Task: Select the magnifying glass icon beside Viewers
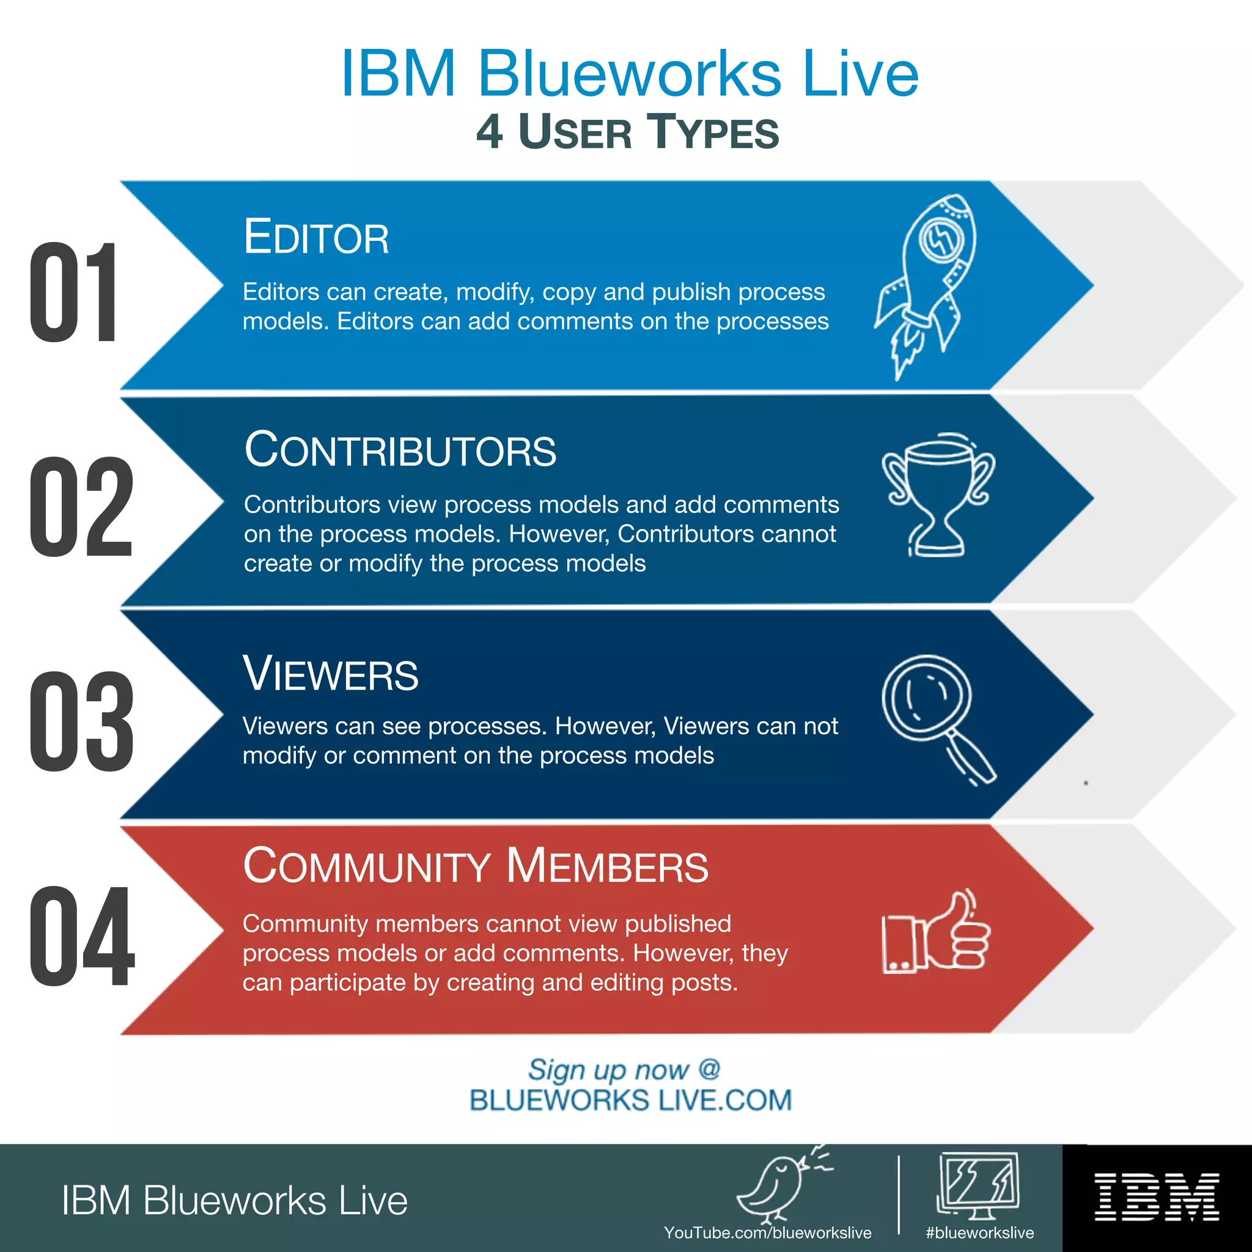click(937, 716)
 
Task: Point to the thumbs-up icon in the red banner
click(937, 933)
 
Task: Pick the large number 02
click(82, 507)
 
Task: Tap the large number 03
click(82, 722)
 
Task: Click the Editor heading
click(316, 237)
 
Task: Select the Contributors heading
click(400, 450)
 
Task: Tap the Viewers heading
click(331, 674)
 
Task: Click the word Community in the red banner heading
click(367, 866)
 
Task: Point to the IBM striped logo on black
click(1157, 1197)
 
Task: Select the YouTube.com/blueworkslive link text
click(767, 1232)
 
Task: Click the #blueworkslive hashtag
click(979, 1232)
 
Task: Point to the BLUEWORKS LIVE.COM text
click(630, 1100)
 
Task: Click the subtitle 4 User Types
click(627, 132)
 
